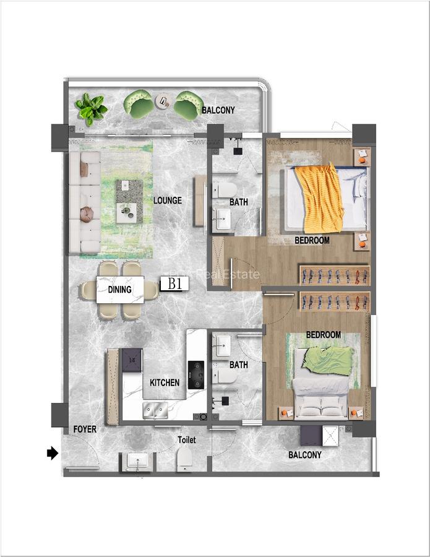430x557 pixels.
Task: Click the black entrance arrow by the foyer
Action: click(x=53, y=454)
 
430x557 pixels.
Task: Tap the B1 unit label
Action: click(x=174, y=284)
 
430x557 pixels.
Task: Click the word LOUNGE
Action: click(x=168, y=201)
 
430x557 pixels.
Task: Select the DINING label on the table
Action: click(x=120, y=289)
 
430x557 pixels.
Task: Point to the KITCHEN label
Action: click(x=165, y=382)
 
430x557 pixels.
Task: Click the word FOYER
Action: click(x=84, y=429)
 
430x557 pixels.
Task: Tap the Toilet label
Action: click(x=186, y=440)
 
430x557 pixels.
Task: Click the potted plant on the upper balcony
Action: click(x=91, y=108)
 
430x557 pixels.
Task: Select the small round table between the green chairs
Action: click(x=162, y=100)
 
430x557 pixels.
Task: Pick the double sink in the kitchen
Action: click(x=155, y=408)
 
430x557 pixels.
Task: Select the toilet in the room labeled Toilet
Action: click(x=185, y=460)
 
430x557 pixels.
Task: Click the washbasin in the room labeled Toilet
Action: click(x=137, y=461)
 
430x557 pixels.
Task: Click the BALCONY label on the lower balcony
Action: click(x=305, y=455)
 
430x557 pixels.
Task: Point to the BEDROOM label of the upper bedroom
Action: click(x=312, y=240)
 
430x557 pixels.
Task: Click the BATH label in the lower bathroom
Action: click(x=238, y=365)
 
